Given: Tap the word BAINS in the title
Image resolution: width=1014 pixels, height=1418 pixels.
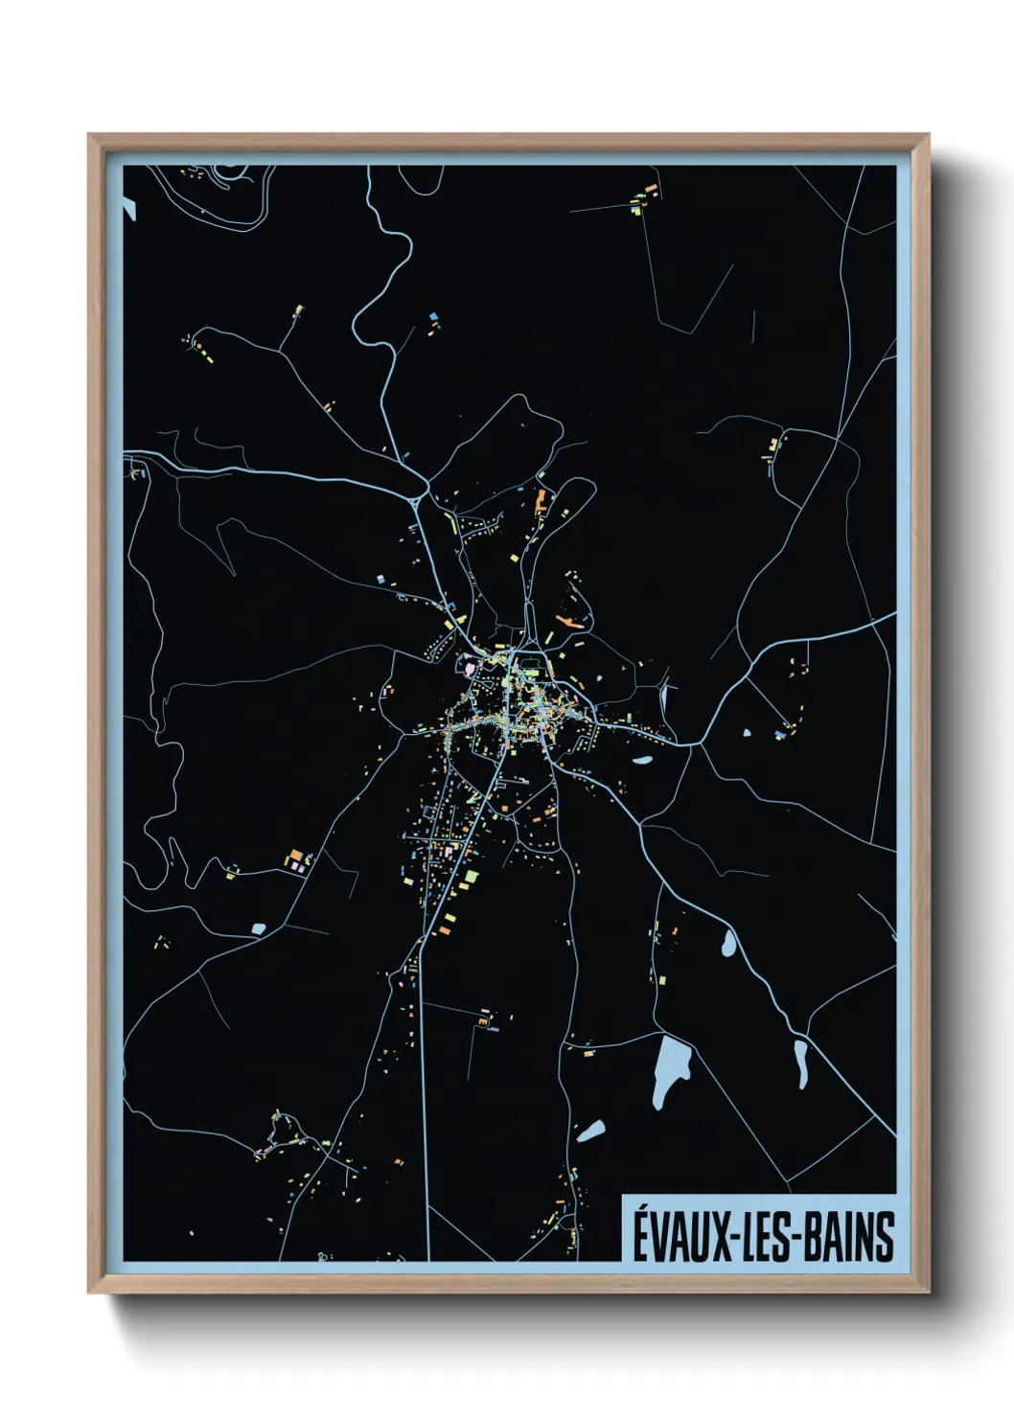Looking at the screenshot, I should (x=846, y=1237).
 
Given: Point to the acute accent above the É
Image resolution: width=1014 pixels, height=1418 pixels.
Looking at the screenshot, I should (x=639, y=1209).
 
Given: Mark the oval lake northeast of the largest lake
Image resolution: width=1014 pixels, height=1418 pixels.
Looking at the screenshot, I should (x=728, y=944).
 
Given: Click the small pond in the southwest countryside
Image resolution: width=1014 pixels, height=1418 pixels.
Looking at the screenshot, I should (x=258, y=927).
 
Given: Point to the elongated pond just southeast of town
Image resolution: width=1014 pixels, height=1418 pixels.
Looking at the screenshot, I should (x=641, y=762).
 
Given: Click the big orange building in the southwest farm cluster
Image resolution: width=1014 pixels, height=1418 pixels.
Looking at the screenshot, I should (x=297, y=855).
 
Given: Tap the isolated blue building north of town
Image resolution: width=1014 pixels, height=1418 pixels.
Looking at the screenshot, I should (x=434, y=316).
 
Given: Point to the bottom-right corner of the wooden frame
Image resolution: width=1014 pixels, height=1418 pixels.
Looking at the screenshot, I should (x=928, y=1292).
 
